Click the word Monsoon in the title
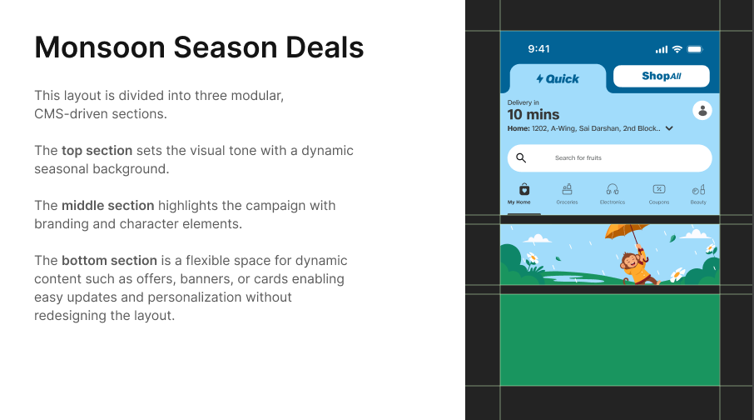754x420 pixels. [100, 47]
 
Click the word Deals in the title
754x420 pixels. [325, 47]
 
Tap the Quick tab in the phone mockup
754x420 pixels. [558, 78]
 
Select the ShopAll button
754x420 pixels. [661, 76]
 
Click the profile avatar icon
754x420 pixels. [702, 110]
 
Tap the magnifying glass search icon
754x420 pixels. [521, 157]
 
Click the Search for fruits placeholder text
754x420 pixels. [578, 158]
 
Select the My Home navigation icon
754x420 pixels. [524, 189]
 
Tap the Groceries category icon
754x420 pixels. [568, 189]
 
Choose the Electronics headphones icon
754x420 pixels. [613, 189]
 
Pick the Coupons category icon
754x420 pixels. [659, 189]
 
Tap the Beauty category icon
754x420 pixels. [698, 189]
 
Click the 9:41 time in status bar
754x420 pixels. [538, 48]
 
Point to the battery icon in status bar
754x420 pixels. [695, 49]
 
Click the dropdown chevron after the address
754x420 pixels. [669, 128]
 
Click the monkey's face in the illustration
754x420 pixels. [628, 261]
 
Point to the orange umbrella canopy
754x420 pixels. [625, 231]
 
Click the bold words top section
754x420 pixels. [97, 151]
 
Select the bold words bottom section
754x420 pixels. [109, 261]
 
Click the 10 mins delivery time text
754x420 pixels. [533, 115]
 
